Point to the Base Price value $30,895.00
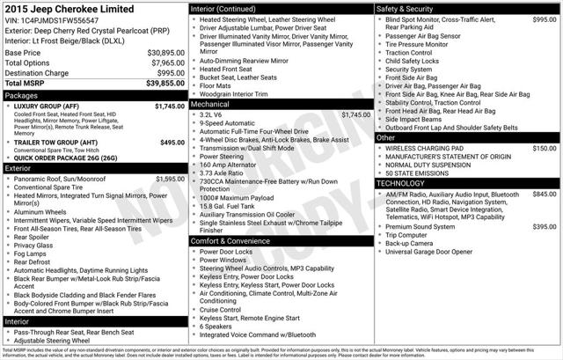click(x=165, y=53)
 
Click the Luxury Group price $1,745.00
click(x=170, y=106)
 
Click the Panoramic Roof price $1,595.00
click(x=170, y=179)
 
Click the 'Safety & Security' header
click(x=406, y=8)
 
